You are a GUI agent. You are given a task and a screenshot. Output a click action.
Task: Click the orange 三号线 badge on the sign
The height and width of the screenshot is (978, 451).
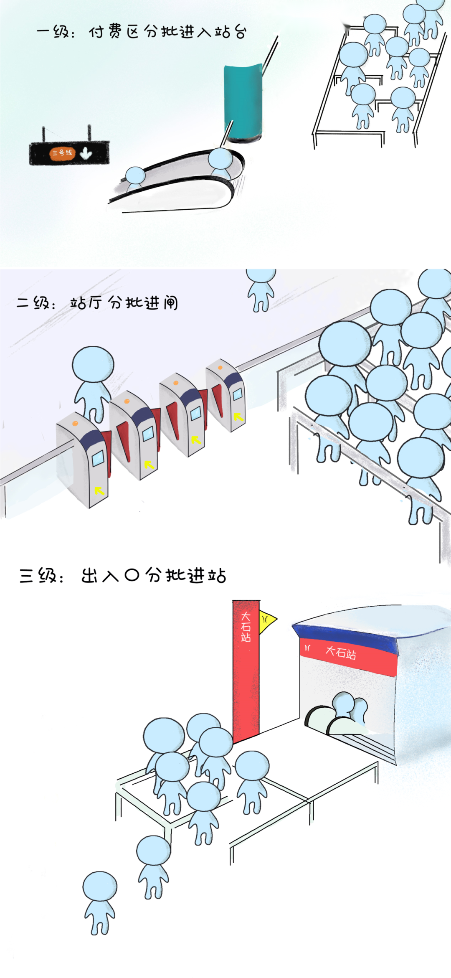[x=62, y=153]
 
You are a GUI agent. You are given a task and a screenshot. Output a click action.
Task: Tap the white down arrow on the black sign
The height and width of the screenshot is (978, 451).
[x=86, y=153]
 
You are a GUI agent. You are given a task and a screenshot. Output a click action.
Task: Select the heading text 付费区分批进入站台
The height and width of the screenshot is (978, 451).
[x=167, y=32]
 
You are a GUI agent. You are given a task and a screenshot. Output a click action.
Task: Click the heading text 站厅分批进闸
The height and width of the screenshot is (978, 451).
[x=124, y=303]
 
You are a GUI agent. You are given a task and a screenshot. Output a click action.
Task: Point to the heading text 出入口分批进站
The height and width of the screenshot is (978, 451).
[x=153, y=575]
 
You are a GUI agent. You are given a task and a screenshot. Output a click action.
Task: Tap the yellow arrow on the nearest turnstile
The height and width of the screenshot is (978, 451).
[x=99, y=490]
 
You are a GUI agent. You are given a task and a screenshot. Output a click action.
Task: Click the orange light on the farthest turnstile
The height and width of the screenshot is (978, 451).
[x=220, y=368]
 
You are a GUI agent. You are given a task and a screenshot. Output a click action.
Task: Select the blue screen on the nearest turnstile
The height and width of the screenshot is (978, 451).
[x=98, y=458]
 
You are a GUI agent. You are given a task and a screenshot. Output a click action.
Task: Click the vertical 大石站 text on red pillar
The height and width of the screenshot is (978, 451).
[x=246, y=627]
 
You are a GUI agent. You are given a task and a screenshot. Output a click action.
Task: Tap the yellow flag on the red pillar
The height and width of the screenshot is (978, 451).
[x=267, y=620]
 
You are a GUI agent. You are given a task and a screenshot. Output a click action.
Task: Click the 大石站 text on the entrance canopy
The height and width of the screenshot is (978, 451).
[x=341, y=652]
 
